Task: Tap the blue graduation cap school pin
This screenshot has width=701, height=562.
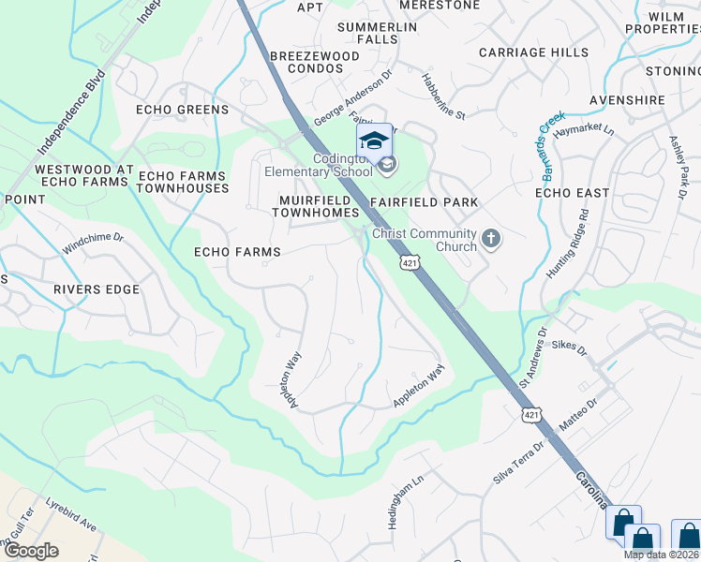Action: point(374,141)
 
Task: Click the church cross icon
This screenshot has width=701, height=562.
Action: point(490,240)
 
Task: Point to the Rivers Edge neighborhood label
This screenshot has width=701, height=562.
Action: point(96,289)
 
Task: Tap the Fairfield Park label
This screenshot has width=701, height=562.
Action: point(424,201)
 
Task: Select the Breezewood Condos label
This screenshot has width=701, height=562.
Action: point(314,63)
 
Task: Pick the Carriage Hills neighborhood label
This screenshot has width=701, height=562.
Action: point(533,53)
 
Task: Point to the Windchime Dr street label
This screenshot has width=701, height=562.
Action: point(93,244)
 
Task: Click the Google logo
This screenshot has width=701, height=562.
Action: point(32,550)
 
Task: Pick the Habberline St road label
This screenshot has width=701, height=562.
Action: point(442,96)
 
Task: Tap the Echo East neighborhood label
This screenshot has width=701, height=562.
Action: point(572,192)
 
